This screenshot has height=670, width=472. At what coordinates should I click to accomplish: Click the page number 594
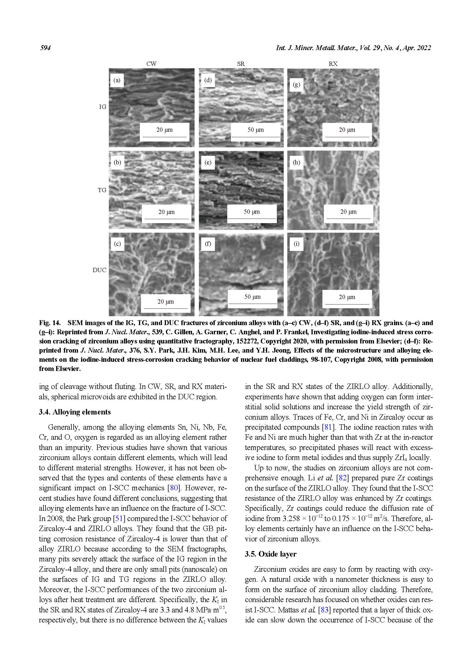point(45,48)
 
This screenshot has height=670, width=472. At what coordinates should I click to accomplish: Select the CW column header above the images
point(151,64)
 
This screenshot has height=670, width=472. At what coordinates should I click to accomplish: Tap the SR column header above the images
point(241,64)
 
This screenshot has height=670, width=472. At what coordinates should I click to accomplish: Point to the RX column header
point(333,64)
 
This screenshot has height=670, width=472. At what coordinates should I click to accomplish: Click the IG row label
point(103,107)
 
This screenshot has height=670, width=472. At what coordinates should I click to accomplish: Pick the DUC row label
point(99,270)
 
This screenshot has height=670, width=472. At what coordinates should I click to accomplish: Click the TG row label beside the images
point(102,190)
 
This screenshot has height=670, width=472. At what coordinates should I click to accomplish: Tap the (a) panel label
point(117,80)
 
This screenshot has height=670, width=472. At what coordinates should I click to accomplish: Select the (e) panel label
point(208,162)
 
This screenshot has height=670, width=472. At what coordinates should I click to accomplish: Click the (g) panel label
point(296,85)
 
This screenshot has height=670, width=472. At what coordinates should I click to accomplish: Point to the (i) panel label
point(296,244)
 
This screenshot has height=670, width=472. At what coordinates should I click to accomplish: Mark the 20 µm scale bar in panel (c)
point(166,304)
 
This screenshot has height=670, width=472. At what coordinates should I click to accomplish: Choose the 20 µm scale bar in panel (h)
point(348,215)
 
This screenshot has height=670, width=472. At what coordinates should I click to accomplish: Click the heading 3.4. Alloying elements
point(75,412)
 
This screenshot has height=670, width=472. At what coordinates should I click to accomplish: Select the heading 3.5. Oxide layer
point(270,554)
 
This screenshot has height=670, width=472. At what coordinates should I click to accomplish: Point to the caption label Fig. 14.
point(50,323)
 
